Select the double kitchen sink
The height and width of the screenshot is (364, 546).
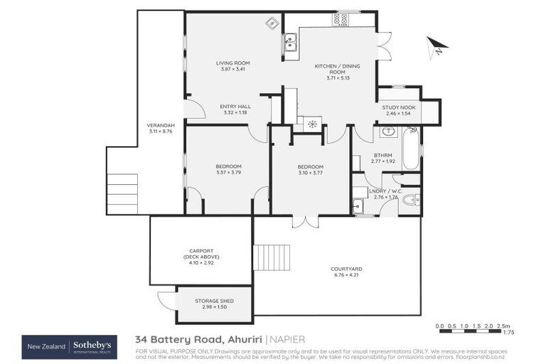290,43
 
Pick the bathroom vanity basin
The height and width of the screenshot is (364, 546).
389,132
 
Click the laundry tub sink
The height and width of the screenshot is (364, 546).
358,206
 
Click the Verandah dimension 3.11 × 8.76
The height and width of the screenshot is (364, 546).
161,131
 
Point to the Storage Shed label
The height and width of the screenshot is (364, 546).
214,301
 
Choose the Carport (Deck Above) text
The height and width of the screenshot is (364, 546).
201,254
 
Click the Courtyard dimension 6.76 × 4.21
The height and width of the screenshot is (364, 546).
346,274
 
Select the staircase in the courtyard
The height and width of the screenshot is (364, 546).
272,257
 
